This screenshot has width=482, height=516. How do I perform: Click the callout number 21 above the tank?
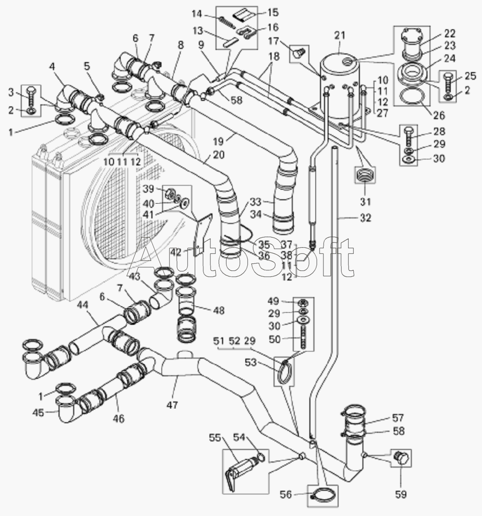pyautogui.click(x=340, y=35)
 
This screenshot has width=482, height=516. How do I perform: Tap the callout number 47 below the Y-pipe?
pyautogui.click(x=172, y=405)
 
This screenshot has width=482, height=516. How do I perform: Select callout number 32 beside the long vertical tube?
pyautogui.click(x=365, y=218)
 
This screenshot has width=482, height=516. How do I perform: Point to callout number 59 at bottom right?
pyautogui.click(x=401, y=494)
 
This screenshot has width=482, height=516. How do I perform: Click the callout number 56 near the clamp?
pyautogui.click(x=286, y=494)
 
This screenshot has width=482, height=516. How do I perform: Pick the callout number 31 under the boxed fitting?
pyautogui.click(x=365, y=201)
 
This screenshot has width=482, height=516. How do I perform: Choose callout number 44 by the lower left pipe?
pyautogui.click(x=82, y=306)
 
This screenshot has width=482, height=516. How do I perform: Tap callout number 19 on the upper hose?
pyautogui.click(x=218, y=142)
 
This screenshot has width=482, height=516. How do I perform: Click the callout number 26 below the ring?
pyautogui.click(x=439, y=116)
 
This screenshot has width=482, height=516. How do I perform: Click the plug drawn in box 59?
pyautogui.click(x=401, y=458)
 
